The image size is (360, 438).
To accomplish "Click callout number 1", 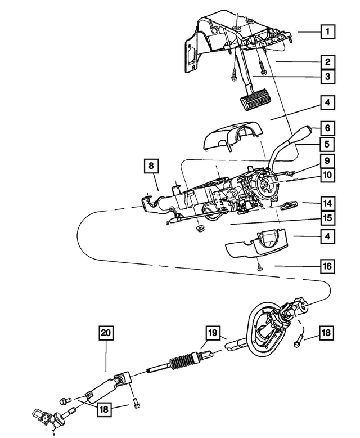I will tap(326, 32).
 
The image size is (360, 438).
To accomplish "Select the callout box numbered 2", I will tap(326, 62).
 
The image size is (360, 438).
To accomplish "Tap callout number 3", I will tap(326, 77).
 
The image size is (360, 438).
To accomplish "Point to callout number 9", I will tap(326, 160).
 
